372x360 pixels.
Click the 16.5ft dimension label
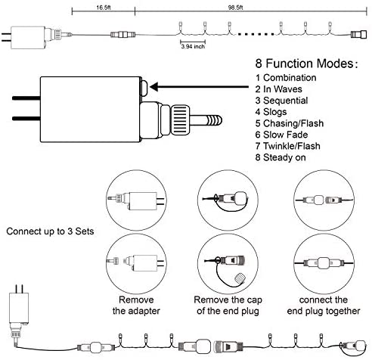pos(104,8)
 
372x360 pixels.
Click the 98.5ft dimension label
pos(235,8)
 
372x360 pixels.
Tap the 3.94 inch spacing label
pos(193,46)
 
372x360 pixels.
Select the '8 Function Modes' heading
pos(306,64)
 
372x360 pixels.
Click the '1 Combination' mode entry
pos(286,78)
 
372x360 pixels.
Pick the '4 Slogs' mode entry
pos(271,112)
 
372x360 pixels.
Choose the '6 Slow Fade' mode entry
pos(281,135)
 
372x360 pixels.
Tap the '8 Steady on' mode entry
pos(281,157)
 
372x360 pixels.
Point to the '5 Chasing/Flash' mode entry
pos(290,123)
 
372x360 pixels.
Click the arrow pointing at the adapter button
pos(200,87)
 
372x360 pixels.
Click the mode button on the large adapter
pos(144,88)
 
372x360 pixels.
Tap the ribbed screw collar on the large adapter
pos(180,120)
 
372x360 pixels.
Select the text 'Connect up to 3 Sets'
pos(50,231)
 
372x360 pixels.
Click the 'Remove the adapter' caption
pos(136,306)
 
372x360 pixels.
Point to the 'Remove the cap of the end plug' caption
pos(228,306)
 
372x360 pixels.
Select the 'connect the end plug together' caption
pos(324,306)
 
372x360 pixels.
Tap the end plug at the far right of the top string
pos(358,34)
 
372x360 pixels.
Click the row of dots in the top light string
pos(256,33)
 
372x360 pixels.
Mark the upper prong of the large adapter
pos(26,98)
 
